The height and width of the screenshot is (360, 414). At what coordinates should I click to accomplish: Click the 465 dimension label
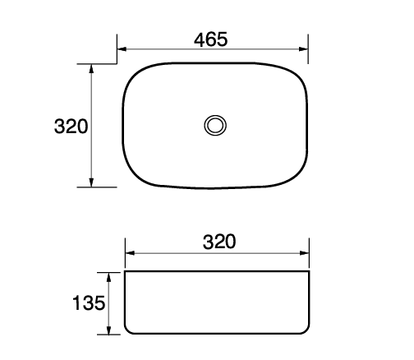(x=211, y=39)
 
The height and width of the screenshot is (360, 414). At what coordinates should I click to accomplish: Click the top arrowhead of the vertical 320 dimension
(x=90, y=68)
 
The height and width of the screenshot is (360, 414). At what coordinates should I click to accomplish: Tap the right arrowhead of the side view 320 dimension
(x=306, y=253)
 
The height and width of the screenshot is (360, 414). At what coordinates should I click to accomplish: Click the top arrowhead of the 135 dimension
(x=108, y=275)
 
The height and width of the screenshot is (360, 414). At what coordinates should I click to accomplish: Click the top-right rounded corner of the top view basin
(x=299, y=72)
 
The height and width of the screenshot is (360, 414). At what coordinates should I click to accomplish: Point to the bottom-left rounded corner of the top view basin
(x=134, y=176)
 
